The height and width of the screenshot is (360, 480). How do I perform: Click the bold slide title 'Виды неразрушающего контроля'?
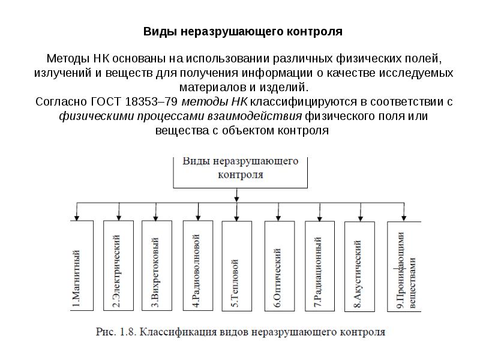243,32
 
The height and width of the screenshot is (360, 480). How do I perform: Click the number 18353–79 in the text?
152,101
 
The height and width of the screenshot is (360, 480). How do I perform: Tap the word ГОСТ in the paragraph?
107,101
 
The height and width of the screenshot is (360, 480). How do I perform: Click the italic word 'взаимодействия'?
254,116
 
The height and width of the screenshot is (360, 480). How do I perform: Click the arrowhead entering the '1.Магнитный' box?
77,218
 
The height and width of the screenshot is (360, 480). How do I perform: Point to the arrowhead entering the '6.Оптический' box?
278,218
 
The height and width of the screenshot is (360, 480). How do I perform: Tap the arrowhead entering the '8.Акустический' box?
361,218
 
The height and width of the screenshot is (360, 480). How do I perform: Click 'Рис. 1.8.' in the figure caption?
116,332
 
